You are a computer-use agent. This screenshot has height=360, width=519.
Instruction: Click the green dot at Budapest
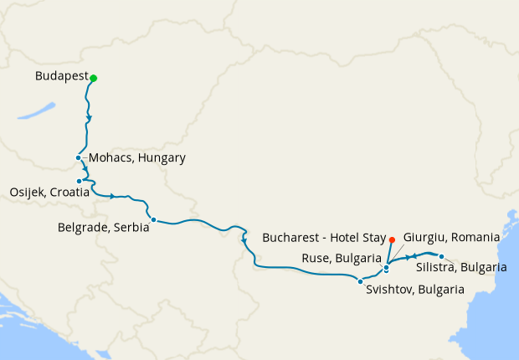pyautogui.click(x=94, y=79)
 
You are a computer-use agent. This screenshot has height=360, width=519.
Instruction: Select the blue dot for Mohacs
pyautogui.click(x=78, y=157)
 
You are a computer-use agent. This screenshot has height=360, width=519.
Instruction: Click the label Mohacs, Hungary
pyautogui.click(x=136, y=157)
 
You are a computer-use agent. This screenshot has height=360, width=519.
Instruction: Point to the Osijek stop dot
pyautogui.click(x=79, y=181)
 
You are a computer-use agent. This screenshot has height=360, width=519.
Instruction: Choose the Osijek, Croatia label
pyautogui.click(x=50, y=193)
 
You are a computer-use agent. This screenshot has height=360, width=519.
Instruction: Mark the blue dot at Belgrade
pyautogui.click(x=152, y=220)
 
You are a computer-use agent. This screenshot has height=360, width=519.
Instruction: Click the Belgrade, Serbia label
pyautogui.click(x=104, y=226)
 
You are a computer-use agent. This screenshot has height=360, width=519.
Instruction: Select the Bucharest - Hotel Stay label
pyautogui.click(x=323, y=238)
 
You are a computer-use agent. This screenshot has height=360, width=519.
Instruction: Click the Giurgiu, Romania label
pyautogui.click(x=451, y=237)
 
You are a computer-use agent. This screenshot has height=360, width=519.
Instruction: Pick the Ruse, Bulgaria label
pyautogui.click(x=342, y=258)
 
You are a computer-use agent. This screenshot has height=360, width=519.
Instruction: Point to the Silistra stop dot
pyautogui.click(x=441, y=256)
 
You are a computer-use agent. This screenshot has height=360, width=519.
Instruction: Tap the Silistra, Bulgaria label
pyautogui.click(x=460, y=267)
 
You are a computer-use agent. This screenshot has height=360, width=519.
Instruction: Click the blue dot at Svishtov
pyautogui.click(x=360, y=280)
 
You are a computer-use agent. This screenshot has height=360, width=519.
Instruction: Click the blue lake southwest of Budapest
pyautogui.click(x=39, y=111)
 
